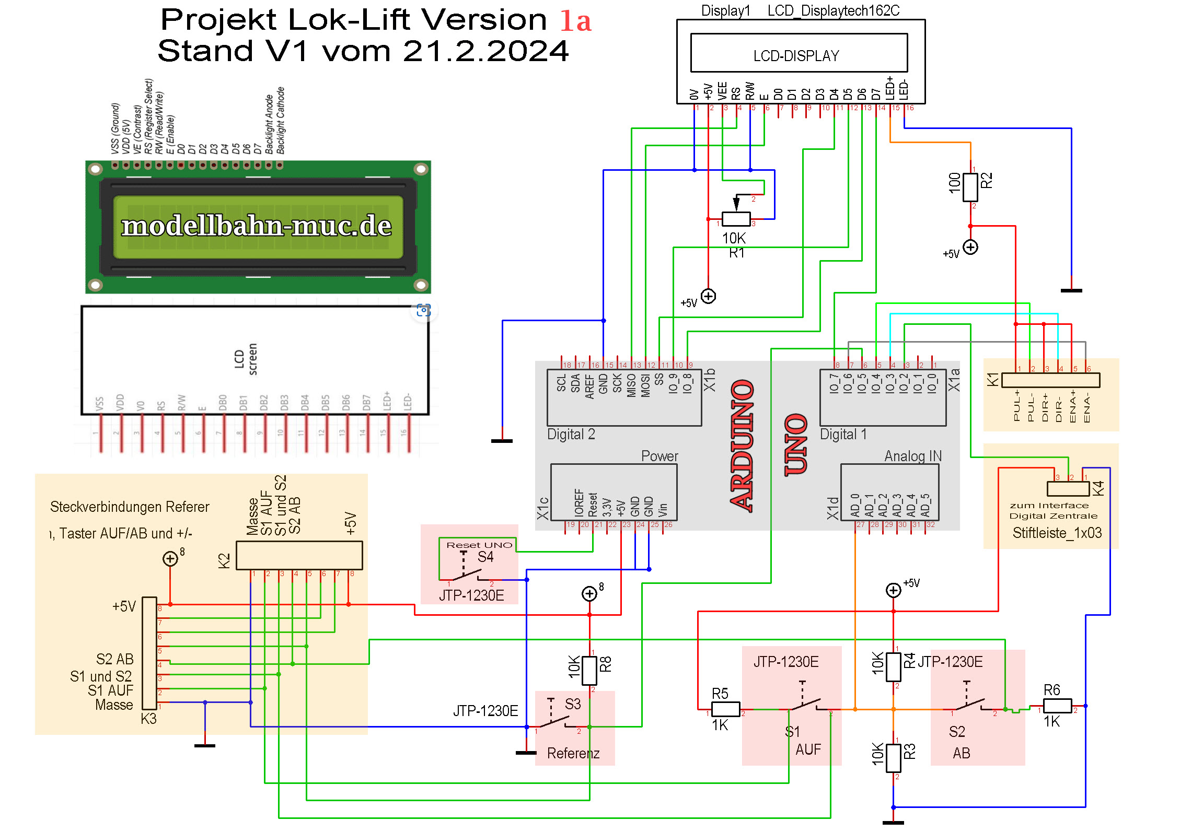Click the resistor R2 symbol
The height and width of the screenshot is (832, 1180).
click(970, 187)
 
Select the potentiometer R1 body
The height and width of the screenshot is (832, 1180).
click(736, 218)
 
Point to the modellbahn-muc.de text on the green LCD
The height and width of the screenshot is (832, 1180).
click(257, 226)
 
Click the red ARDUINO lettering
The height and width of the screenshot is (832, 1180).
click(742, 446)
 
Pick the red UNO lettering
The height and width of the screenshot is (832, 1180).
click(796, 444)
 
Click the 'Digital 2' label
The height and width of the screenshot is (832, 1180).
click(571, 435)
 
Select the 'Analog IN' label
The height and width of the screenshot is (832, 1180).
click(912, 456)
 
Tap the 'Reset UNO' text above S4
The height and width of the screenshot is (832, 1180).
click(479, 545)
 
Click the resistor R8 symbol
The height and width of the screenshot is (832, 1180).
click(589, 670)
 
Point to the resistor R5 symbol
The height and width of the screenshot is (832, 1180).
click(725, 709)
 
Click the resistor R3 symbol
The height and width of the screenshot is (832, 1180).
click(893, 757)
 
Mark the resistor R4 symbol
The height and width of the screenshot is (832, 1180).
click(893, 666)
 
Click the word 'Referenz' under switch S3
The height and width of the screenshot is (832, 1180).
click(573, 753)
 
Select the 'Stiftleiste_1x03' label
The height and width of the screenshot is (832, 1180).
click(1057, 533)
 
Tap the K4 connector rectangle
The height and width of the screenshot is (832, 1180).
click(1068, 489)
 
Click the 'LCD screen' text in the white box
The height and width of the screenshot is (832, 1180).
click(246, 359)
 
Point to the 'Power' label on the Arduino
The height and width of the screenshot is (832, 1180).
click(659, 456)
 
